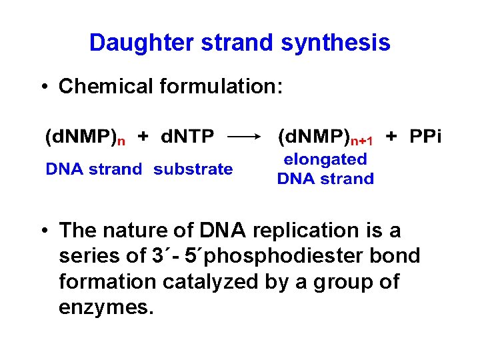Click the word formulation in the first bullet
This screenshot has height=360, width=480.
223,86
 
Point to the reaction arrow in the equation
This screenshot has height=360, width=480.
245,137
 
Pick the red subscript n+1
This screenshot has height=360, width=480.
362,141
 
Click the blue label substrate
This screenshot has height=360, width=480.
193,169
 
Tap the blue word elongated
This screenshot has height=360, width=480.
325,159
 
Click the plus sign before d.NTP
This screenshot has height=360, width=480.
143,137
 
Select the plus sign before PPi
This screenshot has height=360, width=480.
392,137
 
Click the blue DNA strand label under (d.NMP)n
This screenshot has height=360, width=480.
93,169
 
